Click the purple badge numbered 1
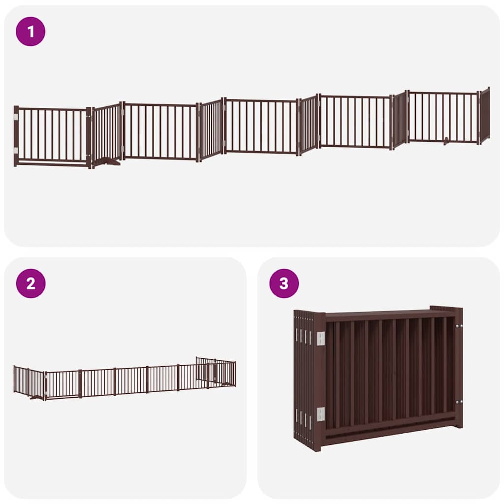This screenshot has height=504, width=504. [x=31, y=31]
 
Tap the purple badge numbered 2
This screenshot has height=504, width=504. [x=31, y=283]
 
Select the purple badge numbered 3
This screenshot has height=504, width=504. [x=284, y=283]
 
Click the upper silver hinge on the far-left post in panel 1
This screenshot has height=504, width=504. [x=16, y=117]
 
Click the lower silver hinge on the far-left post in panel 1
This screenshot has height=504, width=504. [x=16, y=151]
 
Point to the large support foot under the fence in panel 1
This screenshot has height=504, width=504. [x=106, y=161]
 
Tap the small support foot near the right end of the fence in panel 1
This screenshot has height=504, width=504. [x=446, y=141]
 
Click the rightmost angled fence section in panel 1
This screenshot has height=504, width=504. [x=485, y=115]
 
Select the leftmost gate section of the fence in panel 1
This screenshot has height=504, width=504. [x=53, y=136]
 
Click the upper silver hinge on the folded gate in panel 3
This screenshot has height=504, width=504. [x=320, y=339]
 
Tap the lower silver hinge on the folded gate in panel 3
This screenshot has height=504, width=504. [x=320, y=414]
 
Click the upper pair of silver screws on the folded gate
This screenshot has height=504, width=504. [x=459, y=326]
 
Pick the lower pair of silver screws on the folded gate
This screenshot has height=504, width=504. [x=459, y=402]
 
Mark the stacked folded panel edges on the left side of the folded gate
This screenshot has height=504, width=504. [x=303, y=379]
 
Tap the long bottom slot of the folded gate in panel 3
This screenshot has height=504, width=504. [x=390, y=429]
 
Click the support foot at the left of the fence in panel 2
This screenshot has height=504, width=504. [x=36, y=397]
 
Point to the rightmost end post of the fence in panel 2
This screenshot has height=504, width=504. [x=235, y=374]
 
